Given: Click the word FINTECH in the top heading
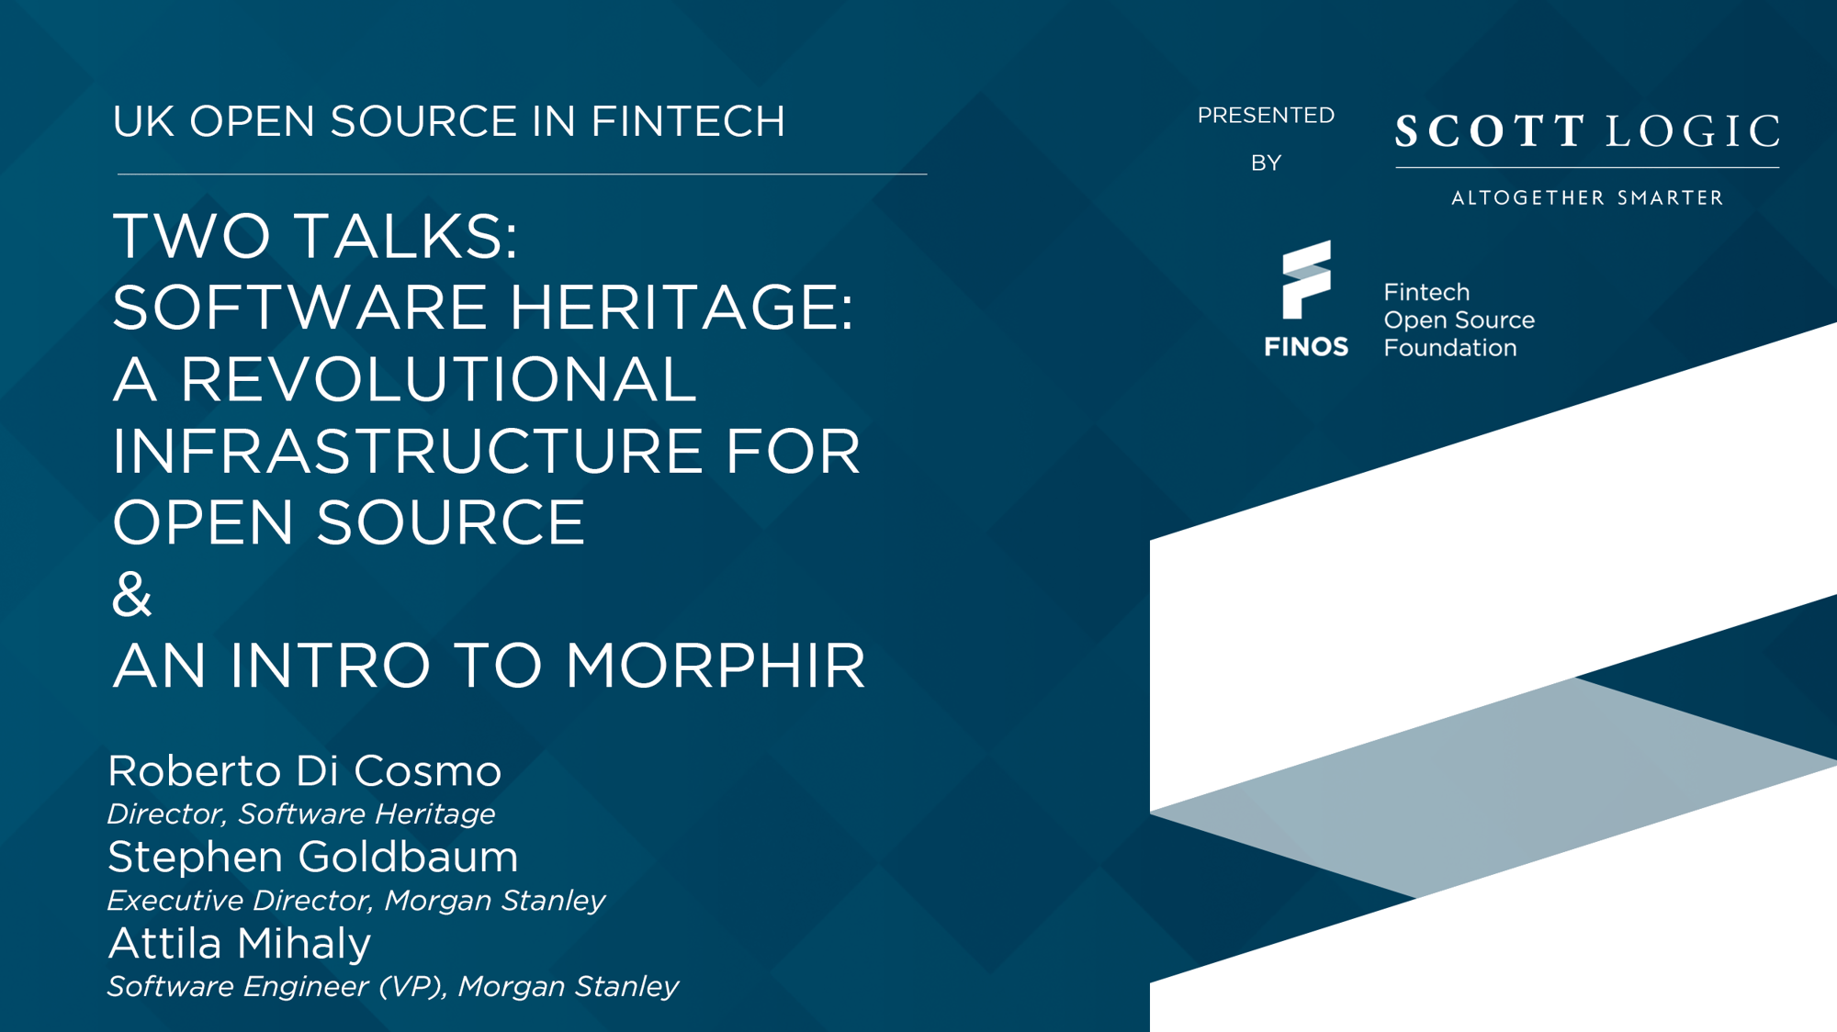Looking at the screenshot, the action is point(688,121).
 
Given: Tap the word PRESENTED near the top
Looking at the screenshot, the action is point(1266,115).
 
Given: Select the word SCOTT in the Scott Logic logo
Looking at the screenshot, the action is point(1491,130).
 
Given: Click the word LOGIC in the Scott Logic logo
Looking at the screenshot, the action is point(1694,130).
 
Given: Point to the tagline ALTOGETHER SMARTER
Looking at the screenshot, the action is point(1587,197).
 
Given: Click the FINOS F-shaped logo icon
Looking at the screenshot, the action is point(1306,280).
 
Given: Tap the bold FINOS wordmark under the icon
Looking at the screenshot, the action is point(1306,346).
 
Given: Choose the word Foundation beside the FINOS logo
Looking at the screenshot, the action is point(1450,348).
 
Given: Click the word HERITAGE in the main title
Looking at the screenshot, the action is point(681,307).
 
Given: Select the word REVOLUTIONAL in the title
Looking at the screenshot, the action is point(438,378).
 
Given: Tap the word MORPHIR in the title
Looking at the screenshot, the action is point(716,665).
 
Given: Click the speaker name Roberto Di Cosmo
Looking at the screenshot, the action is point(305,770).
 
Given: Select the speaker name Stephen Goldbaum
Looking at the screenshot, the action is point(313,857).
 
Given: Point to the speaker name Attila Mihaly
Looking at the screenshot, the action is point(240,943).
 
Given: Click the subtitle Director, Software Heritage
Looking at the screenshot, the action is point(301,813).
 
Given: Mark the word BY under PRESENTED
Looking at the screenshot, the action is point(1266,163).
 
